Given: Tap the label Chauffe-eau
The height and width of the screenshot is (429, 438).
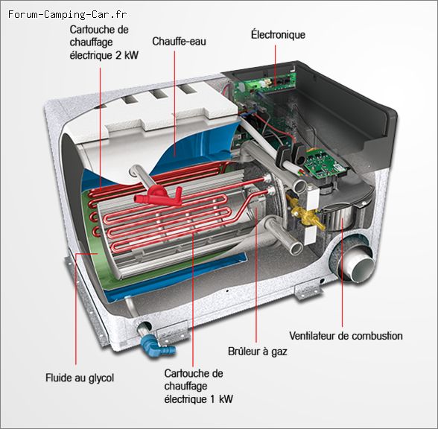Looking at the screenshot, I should point(179,42).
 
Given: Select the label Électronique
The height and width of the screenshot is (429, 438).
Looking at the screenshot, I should point(278,35).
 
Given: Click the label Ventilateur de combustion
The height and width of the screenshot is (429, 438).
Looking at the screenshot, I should point(346,337).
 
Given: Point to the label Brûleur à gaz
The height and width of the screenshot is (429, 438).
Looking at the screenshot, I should point(257,351).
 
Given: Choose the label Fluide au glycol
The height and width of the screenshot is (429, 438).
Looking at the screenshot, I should point(80,378).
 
